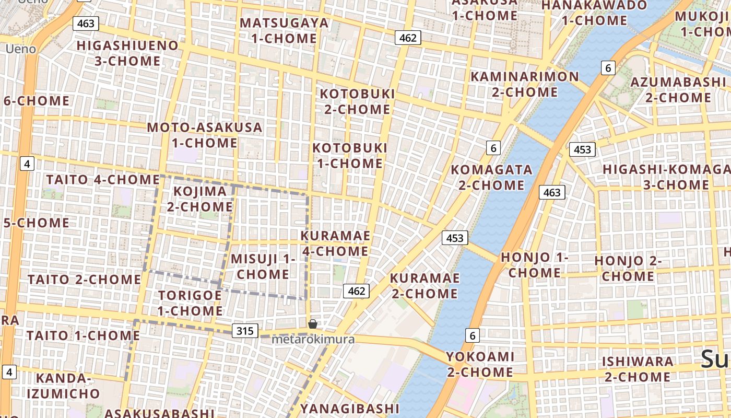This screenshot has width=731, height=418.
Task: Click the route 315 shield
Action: pyautogui.click(x=244, y=331)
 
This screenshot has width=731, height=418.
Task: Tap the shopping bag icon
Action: pyautogui.click(x=313, y=324)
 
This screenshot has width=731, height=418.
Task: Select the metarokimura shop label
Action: pyautogui.click(x=313, y=340)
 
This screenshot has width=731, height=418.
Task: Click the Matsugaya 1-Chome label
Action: pyautogui.click(x=284, y=31)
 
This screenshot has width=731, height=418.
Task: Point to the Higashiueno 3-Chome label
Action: pyautogui.click(x=128, y=53)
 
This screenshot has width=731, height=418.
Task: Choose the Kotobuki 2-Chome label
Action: pyautogui.click(x=358, y=101)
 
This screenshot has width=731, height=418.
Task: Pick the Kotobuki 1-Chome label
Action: pyautogui.click(x=350, y=156)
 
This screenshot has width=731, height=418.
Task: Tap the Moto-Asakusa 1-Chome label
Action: pyautogui.click(x=205, y=135)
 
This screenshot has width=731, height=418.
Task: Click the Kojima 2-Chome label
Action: pyautogui.click(x=200, y=199)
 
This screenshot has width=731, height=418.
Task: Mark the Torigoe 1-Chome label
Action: pyautogui.click(x=190, y=303)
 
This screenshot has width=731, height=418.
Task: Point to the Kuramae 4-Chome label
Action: pyautogui.click(x=335, y=243)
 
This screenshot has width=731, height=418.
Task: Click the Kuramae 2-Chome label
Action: pyautogui.click(x=425, y=286)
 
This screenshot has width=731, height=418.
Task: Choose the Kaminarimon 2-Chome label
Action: pyautogui.click(x=525, y=84)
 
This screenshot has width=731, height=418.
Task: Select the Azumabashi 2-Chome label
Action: pyautogui.click(x=678, y=90)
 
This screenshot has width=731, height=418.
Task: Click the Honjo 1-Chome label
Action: pyautogui.click(x=535, y=265)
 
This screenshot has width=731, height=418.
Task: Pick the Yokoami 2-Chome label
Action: pyautogui.click(x=480, y=364)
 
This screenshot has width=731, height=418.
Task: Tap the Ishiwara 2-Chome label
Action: pyautogui.click(x=638, y=369)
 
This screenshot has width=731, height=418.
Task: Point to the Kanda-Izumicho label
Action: pyautogui.click(x=63, y=386)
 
